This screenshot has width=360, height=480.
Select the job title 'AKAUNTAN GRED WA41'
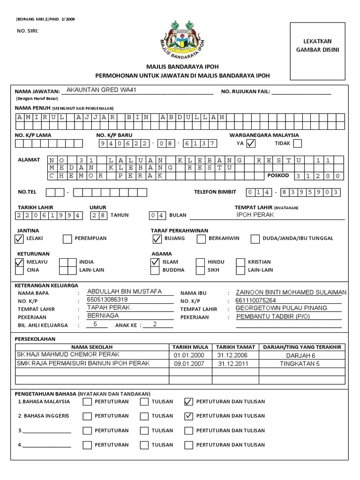102,90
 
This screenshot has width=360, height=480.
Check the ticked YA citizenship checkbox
251,143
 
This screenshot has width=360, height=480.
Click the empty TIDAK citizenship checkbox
297,143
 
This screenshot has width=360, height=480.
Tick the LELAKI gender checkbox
19,239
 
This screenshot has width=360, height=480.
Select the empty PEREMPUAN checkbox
67,239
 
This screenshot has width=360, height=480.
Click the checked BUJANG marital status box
157,239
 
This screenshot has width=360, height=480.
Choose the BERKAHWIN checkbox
201,239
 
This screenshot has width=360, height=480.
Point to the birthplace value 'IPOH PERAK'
255,215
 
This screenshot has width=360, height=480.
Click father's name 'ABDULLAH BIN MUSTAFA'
124,292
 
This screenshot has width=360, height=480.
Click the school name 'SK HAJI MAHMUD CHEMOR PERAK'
68,355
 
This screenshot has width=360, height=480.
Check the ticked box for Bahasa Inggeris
189,416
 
